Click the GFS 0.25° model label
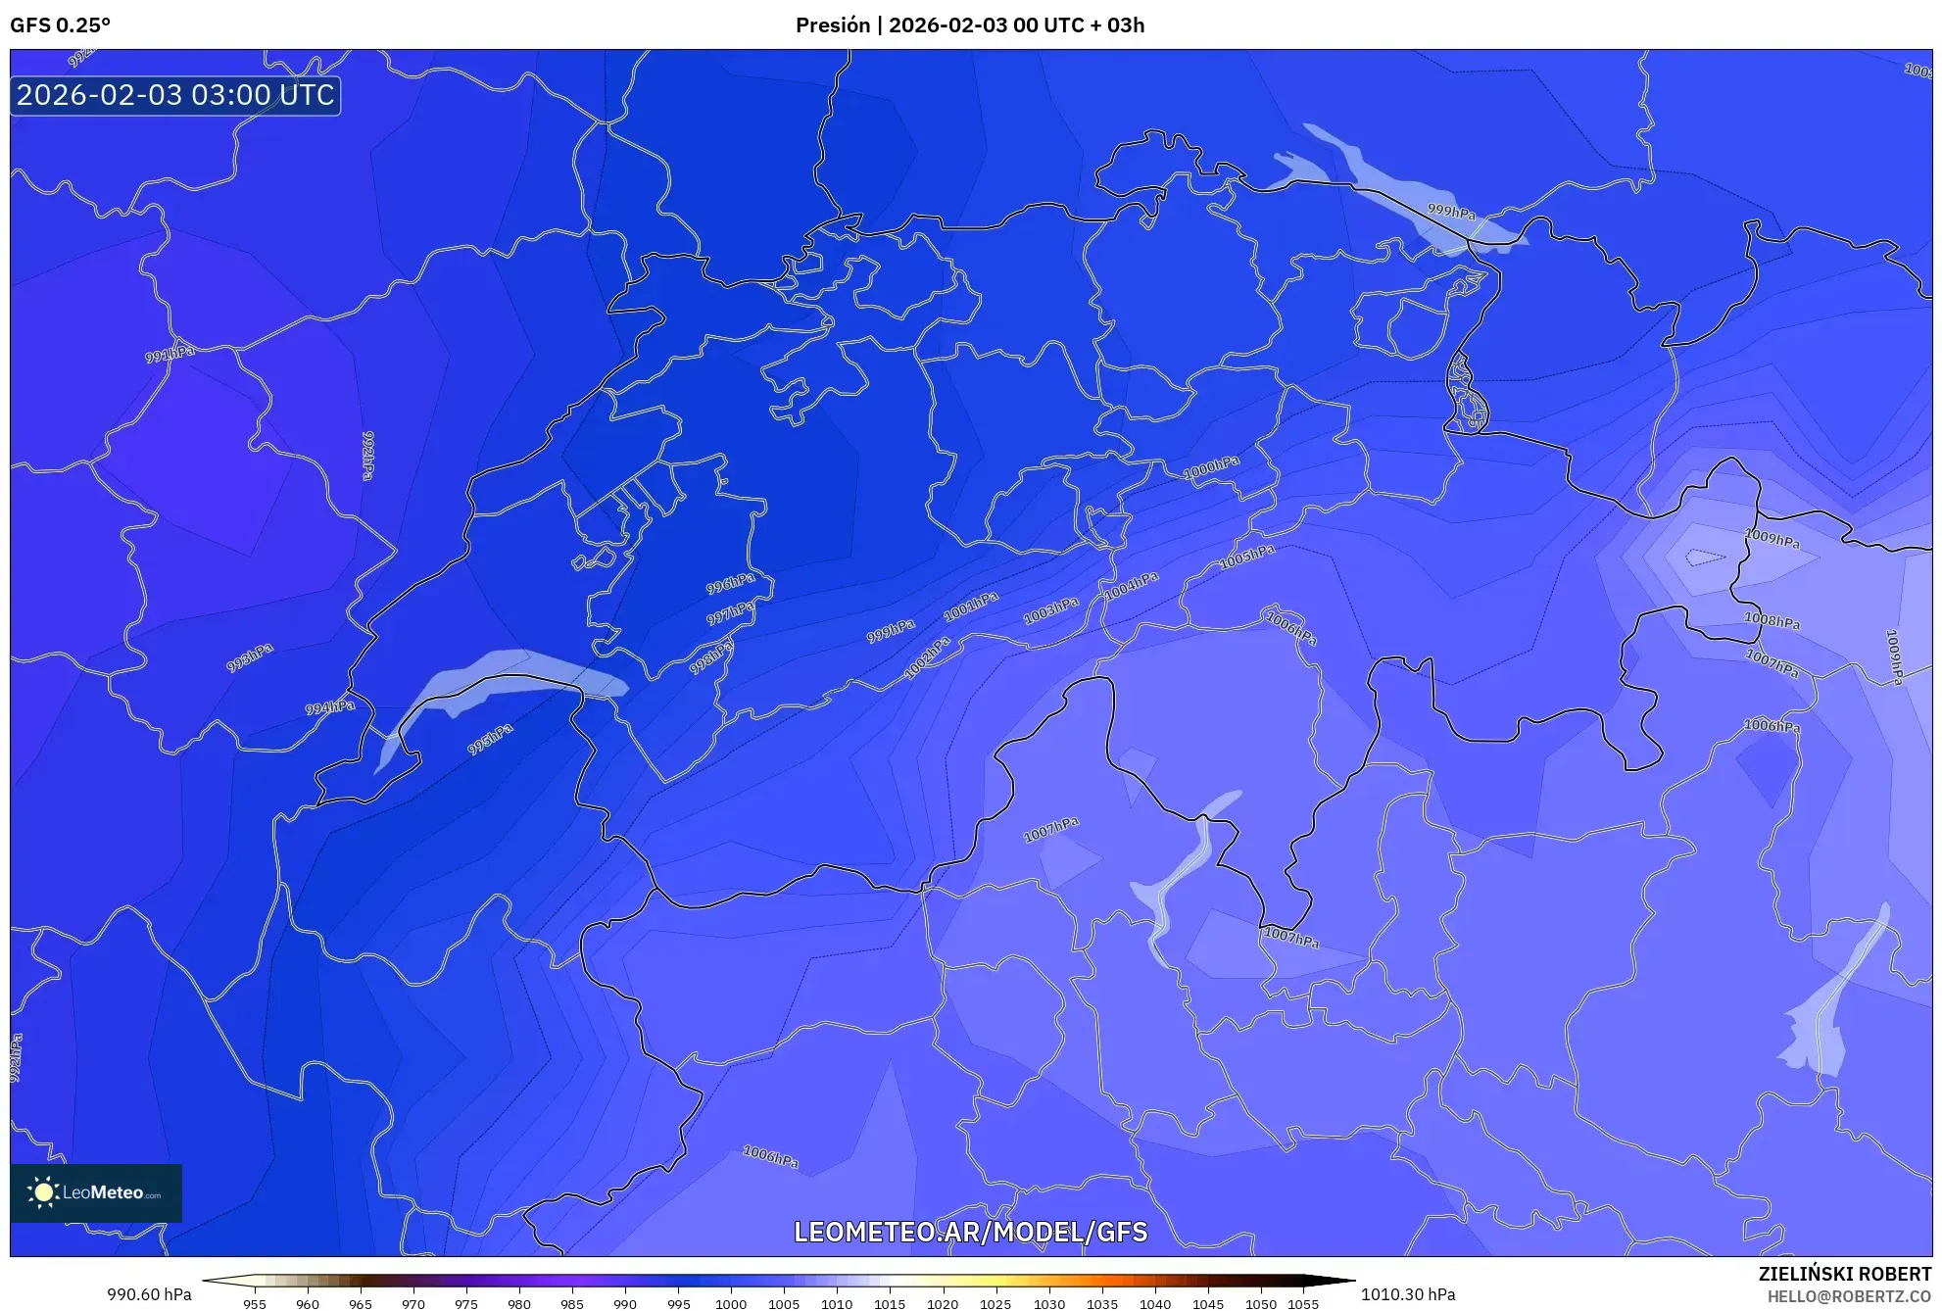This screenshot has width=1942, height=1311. pos(60,25)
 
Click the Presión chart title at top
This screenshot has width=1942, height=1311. pos(969,25)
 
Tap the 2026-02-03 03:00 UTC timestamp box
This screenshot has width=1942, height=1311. pos(175,95)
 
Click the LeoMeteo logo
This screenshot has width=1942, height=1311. pos(96,1192)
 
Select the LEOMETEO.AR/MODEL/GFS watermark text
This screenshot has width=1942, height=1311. pos(970,1232)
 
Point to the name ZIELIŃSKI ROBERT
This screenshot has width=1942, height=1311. pos(1844,1274)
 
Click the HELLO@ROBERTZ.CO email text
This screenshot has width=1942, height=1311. pos(1849,1296)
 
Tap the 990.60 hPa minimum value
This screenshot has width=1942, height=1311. pos(149,1294)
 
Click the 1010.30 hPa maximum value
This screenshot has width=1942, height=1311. pos(1407,1294)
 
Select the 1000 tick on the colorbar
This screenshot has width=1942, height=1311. pos(731,1304)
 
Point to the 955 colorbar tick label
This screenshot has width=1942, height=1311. pos(255,1304)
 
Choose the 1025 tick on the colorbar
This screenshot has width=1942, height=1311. pos(995,1304)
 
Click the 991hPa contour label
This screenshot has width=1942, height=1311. pos(170,353)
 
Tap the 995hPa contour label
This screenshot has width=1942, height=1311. pos(490,739)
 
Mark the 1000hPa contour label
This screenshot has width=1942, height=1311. pos(1211,468)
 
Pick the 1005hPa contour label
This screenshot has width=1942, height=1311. pos(1246,558)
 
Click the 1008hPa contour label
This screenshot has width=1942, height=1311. pos(1772,620)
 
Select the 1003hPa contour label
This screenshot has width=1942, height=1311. pos(1050,610)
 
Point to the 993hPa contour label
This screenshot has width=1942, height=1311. pos(250,657)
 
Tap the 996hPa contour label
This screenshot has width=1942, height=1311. pos(731,584)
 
